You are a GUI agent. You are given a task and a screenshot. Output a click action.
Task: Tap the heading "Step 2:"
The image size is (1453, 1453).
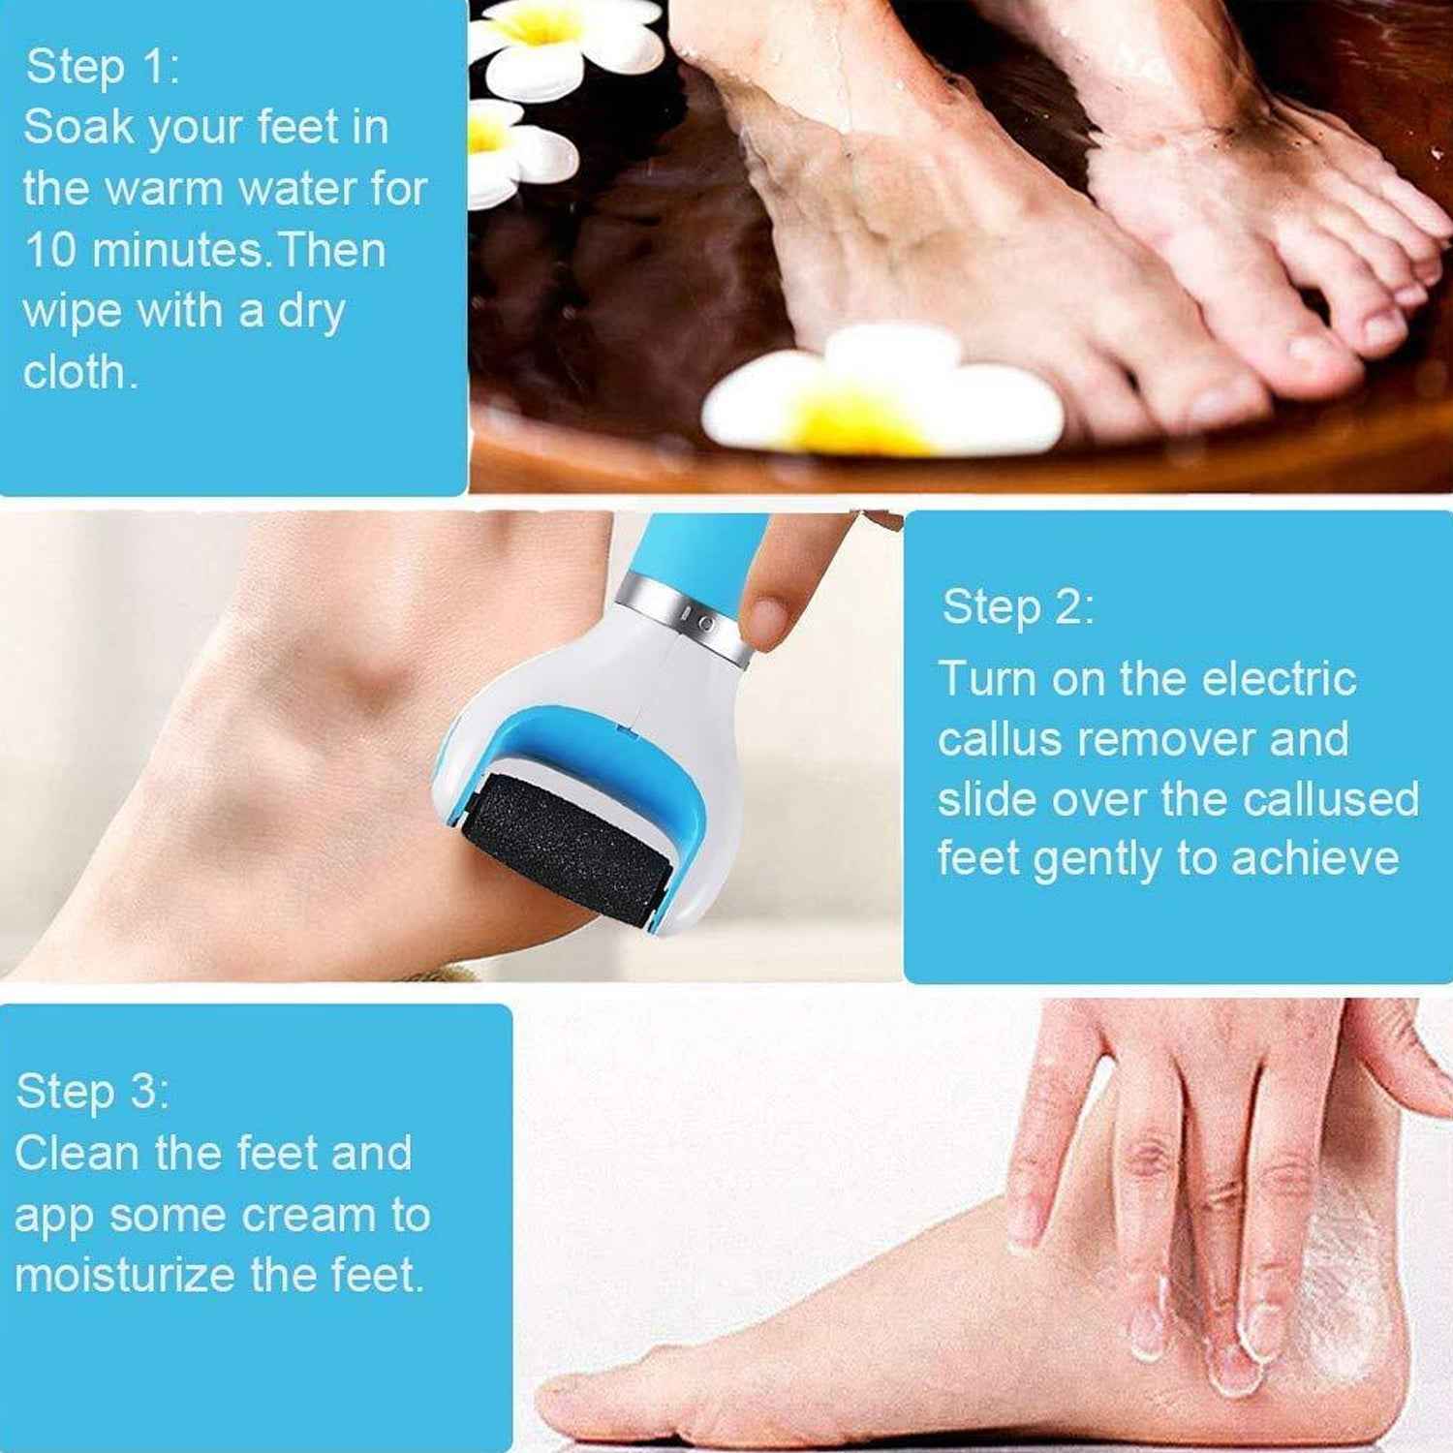coord(1018,607)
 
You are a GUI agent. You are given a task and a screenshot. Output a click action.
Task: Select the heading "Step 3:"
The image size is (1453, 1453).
coord(93,1091)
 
